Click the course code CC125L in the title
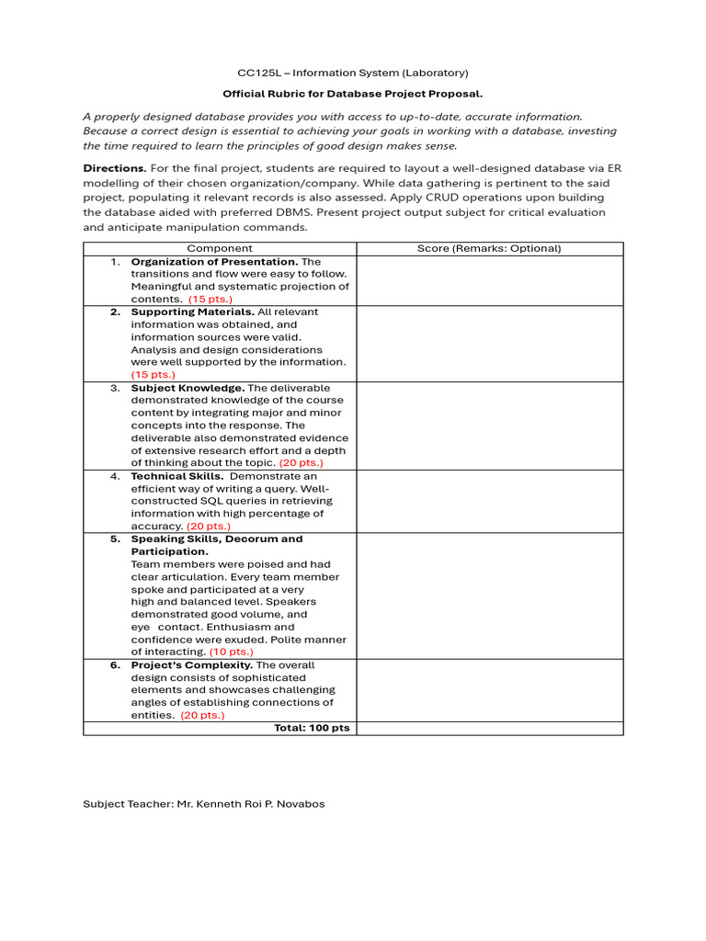258,73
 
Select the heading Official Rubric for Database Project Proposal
353,94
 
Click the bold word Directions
114,168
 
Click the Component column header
220,248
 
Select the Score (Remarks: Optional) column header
489,248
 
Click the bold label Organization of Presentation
214,262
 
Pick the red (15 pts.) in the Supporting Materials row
153,375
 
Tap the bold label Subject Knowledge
187,388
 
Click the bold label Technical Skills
176,476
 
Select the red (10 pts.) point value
232,652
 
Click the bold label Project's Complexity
191,664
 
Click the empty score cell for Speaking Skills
489,595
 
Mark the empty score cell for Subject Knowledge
489,425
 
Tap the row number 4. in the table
116,476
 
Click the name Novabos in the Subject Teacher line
301,804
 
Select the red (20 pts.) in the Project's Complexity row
202,715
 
